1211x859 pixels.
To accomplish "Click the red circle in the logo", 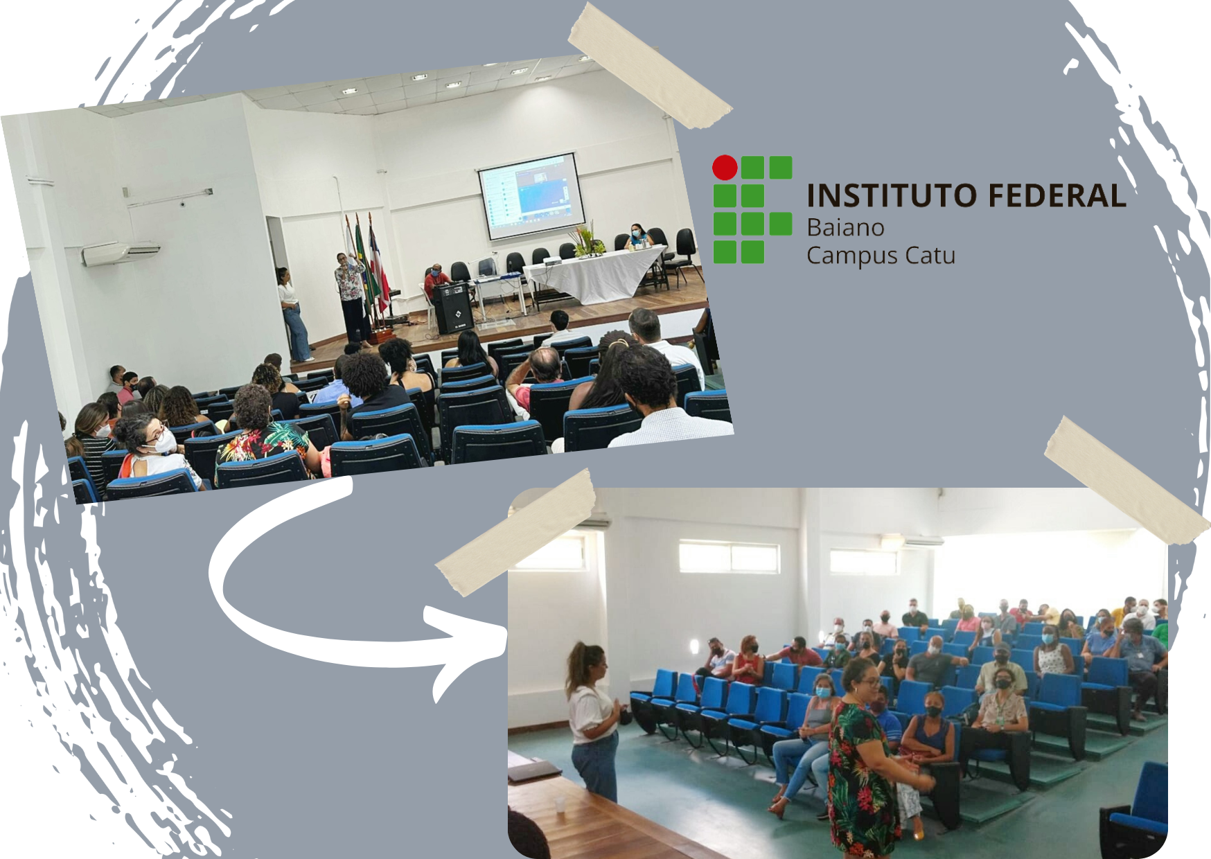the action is click(725, 168).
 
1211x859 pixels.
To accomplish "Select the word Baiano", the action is click(845, 227).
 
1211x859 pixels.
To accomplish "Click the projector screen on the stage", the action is click(532, 197).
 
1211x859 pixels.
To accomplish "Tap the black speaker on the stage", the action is click(453, 308).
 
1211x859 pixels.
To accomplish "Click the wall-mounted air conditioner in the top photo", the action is click(121, 253).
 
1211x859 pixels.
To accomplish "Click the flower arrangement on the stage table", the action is click(585, 240).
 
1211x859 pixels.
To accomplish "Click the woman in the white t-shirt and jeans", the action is click(592, 720).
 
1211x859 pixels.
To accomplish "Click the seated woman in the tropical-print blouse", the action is click(260, 436).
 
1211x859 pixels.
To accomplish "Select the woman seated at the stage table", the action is click(638, 236).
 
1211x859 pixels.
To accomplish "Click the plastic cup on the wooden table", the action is click(560, 804).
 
